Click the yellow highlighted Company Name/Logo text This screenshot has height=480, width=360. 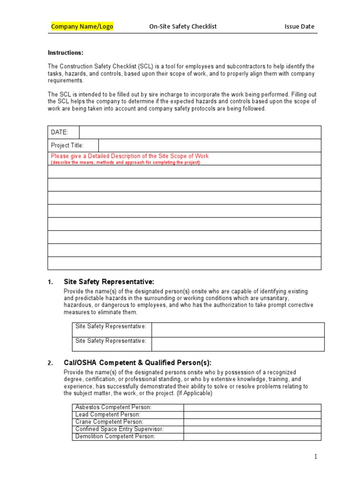click(82, 27)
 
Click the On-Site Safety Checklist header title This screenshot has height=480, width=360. click(183, 27)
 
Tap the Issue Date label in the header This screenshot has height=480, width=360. click(299, 27)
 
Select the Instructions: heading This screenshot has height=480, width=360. click(66, 53)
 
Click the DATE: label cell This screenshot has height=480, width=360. click(60, 132)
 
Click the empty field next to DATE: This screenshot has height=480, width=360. click(200, 132)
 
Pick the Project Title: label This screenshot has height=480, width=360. click(67, 145)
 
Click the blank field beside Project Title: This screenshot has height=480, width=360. click(210, 145)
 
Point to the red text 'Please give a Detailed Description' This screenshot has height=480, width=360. click(130, 156)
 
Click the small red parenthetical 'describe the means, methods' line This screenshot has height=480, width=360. click(125, 163)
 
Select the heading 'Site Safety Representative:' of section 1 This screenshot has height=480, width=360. click(109, 282)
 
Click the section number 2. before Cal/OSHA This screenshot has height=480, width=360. click(50, 363)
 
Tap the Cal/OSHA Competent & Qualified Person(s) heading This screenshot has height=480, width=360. click(137, 363)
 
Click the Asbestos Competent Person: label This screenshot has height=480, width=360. click(113, 407)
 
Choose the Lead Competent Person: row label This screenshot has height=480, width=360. click(108, 414)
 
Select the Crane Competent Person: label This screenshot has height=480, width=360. click(109, 422)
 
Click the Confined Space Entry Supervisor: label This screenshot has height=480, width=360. click(120, 429)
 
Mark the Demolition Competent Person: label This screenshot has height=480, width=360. click(115, 436)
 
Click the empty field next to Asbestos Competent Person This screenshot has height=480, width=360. click(252, 407)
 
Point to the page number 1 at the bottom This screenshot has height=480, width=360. click(316, 457)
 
